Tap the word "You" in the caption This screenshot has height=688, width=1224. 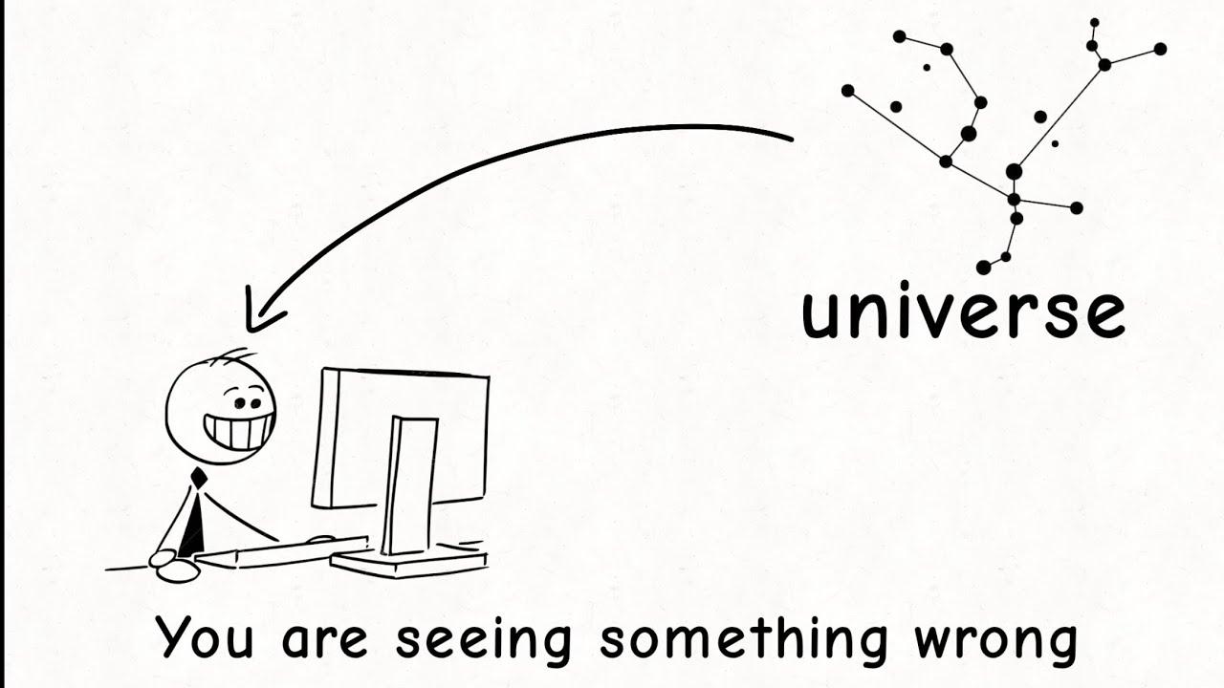coord(205,637)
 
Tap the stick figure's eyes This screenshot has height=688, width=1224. coord(245,396)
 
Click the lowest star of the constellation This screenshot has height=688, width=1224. coord(984,267)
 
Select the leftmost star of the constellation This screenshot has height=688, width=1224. coord(848,91)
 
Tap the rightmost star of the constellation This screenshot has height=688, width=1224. coord(1160,49)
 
